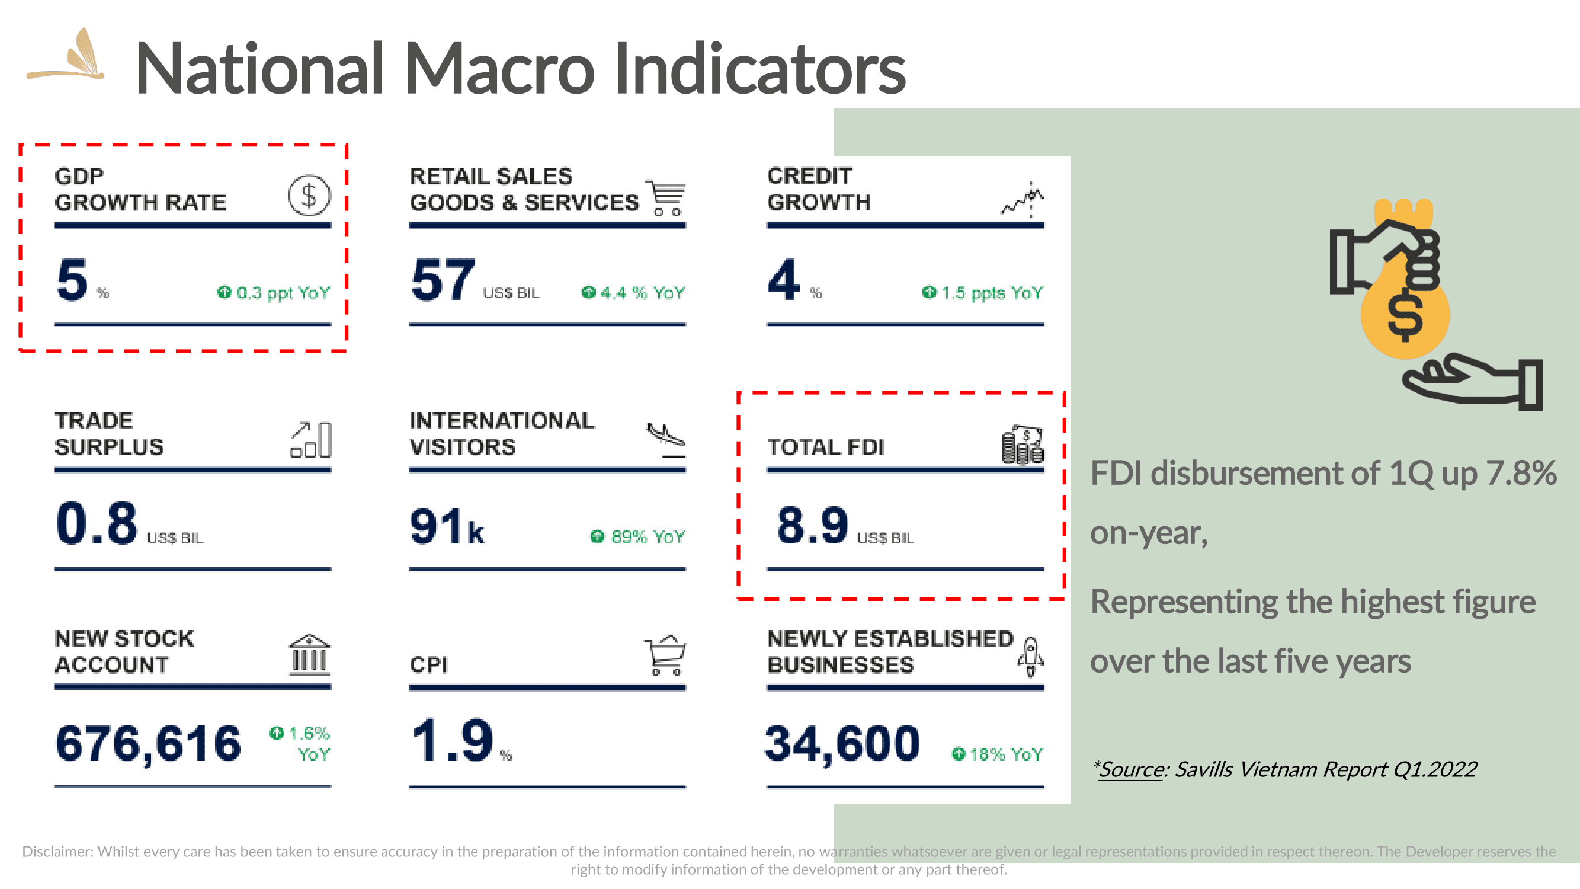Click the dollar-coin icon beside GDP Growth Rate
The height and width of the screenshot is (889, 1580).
[x=309, y=196]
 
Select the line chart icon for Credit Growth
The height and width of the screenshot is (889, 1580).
[x=1023, y=199]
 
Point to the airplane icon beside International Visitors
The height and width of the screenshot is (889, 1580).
[x=666, y=439]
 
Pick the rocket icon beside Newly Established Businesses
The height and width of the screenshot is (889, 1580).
[x=1030, y=657]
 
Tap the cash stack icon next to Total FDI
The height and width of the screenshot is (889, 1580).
[x=1023, y=444]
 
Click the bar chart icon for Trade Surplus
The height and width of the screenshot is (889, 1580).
[x=311, y=439]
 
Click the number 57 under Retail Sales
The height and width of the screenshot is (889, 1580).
[x=444, y=280]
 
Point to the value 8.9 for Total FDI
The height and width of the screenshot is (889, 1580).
[x=812, y=525]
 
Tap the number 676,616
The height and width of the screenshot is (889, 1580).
[x=149, y=744]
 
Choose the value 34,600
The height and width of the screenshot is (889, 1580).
[x=843, y=744]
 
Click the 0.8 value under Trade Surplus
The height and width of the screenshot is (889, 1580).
[x=97, y=523]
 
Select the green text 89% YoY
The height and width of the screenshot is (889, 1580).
[x=637, y=537]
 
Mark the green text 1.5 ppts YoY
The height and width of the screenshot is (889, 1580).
[x=983, y=293]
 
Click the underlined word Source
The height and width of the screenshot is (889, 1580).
[x=1132, y=769]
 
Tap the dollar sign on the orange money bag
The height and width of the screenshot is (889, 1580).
[x=1405, y=314]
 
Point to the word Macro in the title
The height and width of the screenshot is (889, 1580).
[x=499, y=68]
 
